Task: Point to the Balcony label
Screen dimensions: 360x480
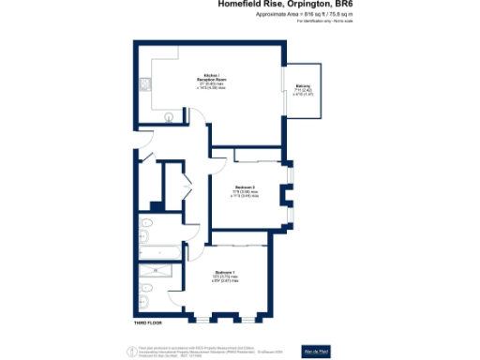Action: [x=303, y=90]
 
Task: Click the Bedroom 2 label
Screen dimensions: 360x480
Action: [x=246, y=188]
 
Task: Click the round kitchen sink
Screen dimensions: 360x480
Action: [x=170, y=117]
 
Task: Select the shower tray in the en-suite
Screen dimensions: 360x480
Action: [x=152, y=277]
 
